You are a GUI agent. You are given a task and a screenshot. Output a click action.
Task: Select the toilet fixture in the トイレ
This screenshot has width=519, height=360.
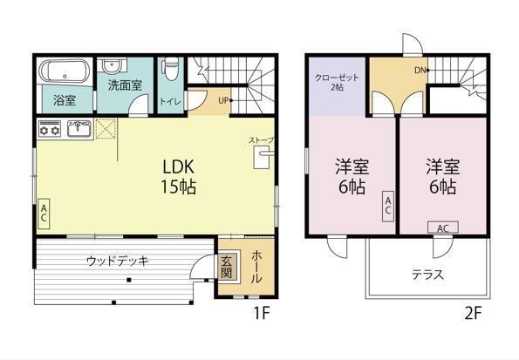[x=170, y=68]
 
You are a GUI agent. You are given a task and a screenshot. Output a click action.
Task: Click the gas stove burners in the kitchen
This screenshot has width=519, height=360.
[x=50, y=131]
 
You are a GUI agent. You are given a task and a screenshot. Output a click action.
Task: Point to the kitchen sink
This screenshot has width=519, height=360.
[x=78, y=131]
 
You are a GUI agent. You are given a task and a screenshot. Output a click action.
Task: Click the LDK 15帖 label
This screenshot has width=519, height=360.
[x=170, y=175]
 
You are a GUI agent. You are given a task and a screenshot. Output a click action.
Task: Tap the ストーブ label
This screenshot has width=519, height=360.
[x=261, y=140]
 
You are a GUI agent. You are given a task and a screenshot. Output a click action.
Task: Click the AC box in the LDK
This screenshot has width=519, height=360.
[x=43, y=214]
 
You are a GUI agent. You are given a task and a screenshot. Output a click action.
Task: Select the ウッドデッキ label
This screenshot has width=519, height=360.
[x=118, y=260]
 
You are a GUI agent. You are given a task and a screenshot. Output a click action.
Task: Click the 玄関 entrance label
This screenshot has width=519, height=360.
[x=226, y=266]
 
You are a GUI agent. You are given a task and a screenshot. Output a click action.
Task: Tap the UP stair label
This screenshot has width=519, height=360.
[x=224, y=100]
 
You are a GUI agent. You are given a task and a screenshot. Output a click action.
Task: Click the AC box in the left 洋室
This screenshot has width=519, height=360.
[x=387, y=206]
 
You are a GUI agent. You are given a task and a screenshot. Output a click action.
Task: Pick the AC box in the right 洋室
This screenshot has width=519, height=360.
[x=441, y=228]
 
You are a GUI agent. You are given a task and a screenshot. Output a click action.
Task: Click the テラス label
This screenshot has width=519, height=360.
[x=427, y=275]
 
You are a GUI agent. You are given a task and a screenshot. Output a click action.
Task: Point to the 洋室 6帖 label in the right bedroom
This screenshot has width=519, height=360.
[x=442, y=175]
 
